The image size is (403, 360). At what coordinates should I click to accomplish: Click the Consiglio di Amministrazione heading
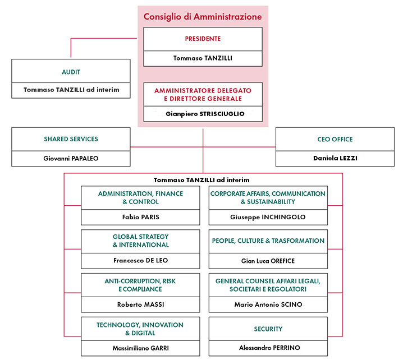click(203, 17)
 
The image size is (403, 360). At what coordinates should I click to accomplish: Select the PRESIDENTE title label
click(203, 39)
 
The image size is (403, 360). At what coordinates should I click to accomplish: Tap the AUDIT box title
click(71, 72)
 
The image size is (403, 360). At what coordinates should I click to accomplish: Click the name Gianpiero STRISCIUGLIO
click(205, 114)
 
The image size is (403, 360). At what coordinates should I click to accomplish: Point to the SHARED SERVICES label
click(71, 139)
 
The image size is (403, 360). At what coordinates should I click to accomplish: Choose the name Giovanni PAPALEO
click(71, 159)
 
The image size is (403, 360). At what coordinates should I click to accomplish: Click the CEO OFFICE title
click(335, 140)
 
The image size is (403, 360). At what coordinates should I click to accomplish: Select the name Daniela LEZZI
click(335, 158)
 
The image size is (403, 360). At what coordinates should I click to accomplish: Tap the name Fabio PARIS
click(140, 217)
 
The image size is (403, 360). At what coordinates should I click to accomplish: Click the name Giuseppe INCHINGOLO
click(268, 217)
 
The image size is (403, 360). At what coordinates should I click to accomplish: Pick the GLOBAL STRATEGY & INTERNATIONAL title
click(140, 241)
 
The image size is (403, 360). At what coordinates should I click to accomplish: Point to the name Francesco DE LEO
click(140, 261)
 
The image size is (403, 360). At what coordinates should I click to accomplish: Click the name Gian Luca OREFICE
click(268, 261)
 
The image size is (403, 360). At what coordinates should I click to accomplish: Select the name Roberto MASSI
click(140, 304)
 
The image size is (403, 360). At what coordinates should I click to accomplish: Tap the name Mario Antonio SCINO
click(268, 304)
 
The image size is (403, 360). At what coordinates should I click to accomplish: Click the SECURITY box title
click(268, 329)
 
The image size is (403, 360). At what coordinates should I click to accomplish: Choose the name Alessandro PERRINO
click(269, 348)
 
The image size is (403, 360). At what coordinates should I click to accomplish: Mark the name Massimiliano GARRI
click(140, 348)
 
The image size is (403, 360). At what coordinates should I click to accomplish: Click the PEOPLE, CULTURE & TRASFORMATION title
click(268, 241)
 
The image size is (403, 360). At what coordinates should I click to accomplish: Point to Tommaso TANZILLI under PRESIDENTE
click(203, 58)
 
